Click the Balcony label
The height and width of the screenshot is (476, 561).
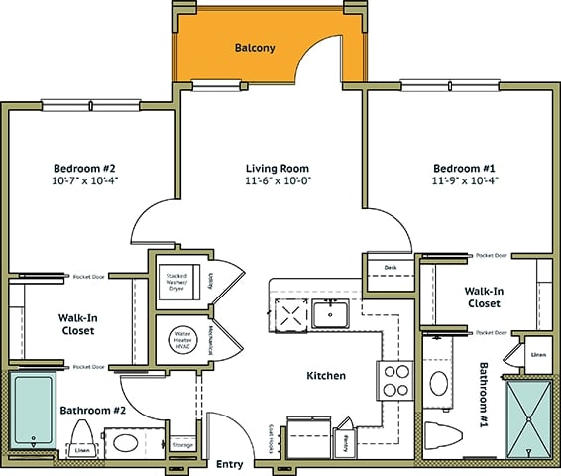(x=255, y=48)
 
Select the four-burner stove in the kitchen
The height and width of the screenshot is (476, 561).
(x=395, y=379)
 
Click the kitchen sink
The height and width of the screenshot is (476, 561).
(x=331, y=314)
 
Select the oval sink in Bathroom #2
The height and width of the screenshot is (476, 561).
(x=124, y=442)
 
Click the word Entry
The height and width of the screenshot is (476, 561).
(x=230, y=464)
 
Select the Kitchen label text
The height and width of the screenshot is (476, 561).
(x=325, y=376)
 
